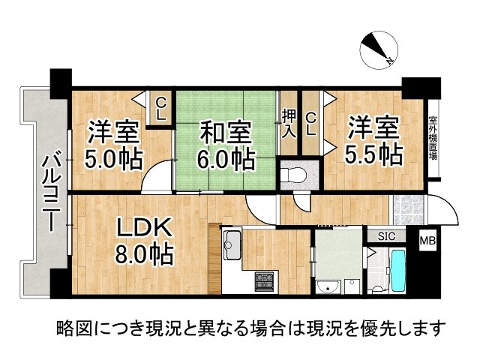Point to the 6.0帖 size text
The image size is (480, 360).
(x=224, y=159)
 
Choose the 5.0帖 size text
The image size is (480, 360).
(x=113, y=158)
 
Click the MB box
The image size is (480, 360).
(x=427, y=241)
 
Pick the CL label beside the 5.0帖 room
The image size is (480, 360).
(x=160, y=109)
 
